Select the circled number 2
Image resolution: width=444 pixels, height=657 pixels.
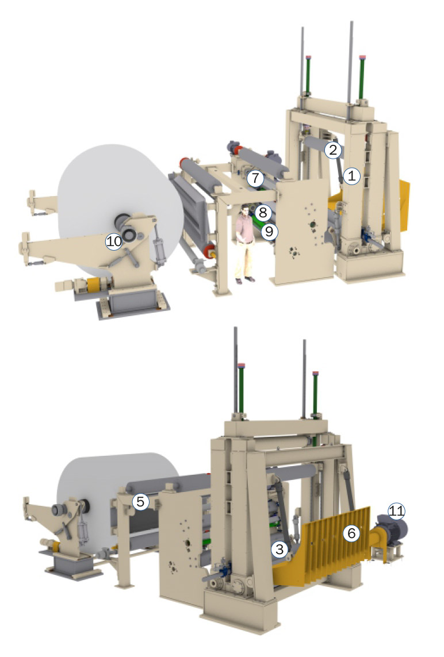point(332,151)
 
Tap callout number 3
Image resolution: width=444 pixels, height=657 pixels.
point(280,549)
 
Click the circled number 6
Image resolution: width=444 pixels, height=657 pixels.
point(351,533)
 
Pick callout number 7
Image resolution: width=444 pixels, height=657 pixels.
point(255,179)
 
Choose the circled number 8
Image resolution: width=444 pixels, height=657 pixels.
point(262,213)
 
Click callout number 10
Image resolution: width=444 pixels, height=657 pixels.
point(114,241)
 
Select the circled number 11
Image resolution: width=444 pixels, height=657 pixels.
point(396,509)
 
